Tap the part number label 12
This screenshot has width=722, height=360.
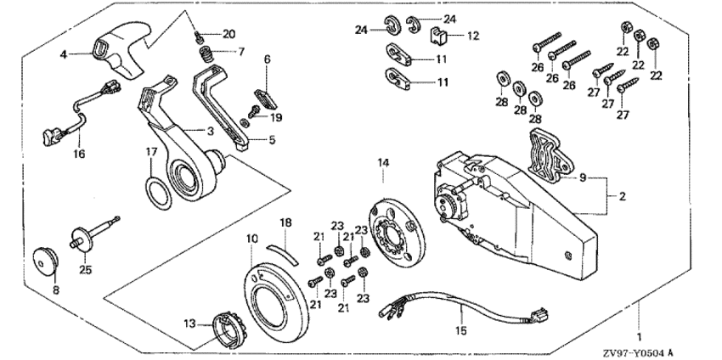(x=474, y=36)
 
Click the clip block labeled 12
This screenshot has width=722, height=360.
(x=440, y=37)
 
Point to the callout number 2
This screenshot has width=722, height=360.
(x=623, y=196)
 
